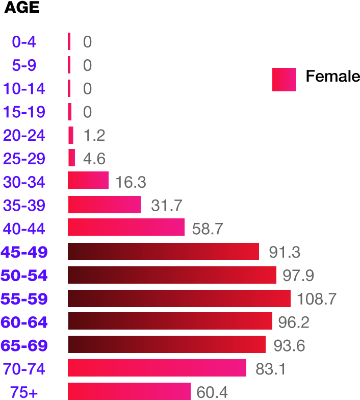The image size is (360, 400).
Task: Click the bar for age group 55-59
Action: [x=179, y=298]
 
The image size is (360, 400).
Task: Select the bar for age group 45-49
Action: [x=163, y=252]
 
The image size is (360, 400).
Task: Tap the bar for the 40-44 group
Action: [x=126, y=227]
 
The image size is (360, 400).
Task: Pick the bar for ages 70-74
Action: [x=157, y=368]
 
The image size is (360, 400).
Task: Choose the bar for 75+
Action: [x=129, y=391]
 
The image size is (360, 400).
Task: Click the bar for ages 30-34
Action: [x=88, y=180]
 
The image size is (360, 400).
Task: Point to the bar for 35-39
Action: [x=104, y=205]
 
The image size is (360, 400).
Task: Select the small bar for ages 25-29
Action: [x=71, y=158]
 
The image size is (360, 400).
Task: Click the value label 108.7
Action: [x=316, y=299]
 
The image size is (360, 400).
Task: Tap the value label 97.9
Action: [x=298, y=276]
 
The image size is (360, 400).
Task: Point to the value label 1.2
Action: [x=94, y=135]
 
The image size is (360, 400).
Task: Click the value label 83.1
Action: [x=270, y=368]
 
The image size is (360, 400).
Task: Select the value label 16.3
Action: [x=131, y=182]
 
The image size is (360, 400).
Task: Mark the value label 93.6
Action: [x=289, y=346]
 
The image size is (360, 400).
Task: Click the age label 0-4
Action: [x=24, y=42]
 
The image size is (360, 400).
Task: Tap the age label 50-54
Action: [x=24, y=276]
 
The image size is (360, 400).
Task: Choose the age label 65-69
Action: [x=24, y=345]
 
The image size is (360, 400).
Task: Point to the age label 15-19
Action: [x=24, y=112]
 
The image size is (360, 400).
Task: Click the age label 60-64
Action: [x=24, y=322]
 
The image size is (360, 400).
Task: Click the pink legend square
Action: [x=284, y=80]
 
